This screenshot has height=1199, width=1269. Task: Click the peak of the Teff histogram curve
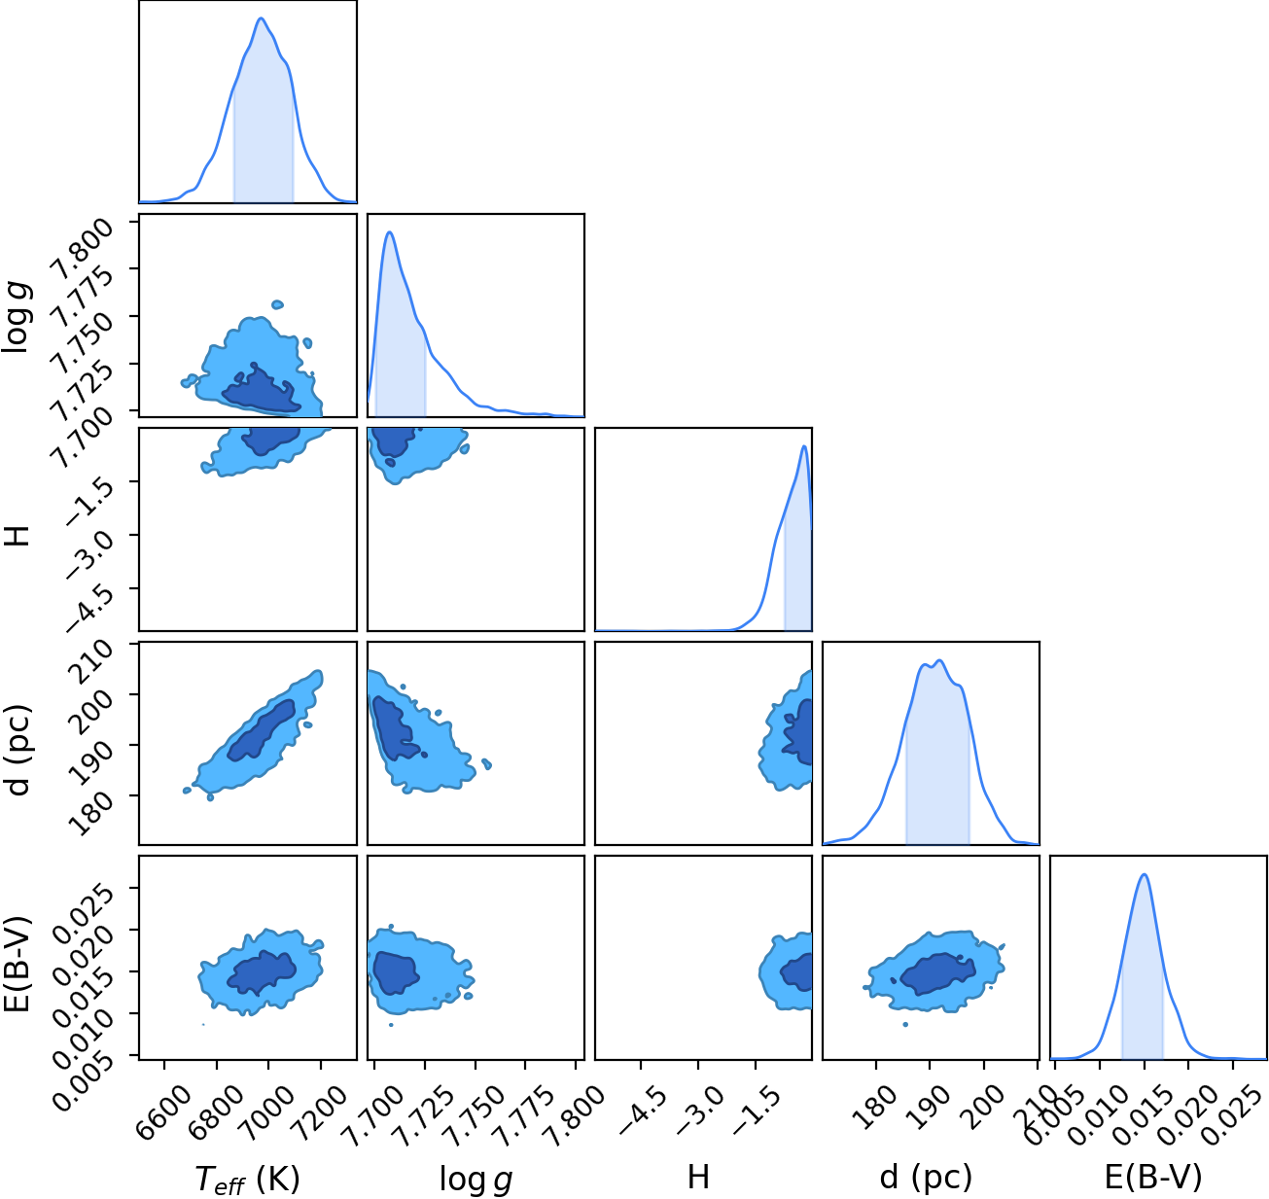261,18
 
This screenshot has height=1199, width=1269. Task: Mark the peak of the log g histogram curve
389,232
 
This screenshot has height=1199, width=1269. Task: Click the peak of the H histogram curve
804,446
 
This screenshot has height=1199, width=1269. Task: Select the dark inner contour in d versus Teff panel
262,730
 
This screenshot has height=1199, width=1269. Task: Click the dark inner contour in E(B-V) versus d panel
938,973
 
